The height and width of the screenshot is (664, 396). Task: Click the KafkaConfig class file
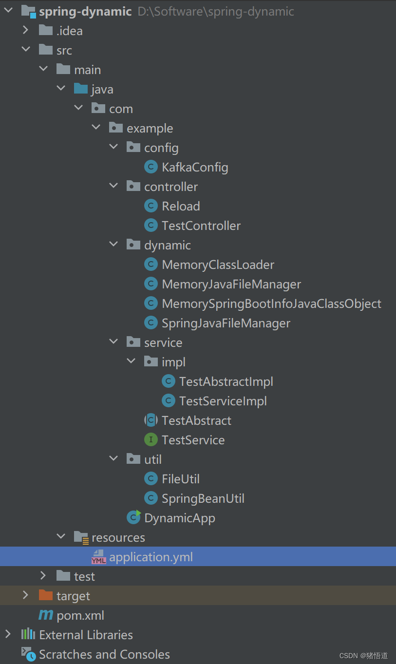pyautogui.click(x=195, y=167)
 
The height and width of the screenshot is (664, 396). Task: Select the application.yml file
pyautogui.click(x=151, y=557)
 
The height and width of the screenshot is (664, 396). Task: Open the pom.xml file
pyautogui.click(x=80, y=615)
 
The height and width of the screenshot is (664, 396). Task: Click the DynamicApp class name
pyautogui.click(x=180, y=518)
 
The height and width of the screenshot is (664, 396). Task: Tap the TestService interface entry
pyautogui.click(x=193, y=440)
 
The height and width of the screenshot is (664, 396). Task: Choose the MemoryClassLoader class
pyautogui.click(x=218, y=265)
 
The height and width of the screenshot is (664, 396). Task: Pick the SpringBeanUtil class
pyautogui.click(x=203, y=498)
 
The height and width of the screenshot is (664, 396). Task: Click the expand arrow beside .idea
pyautogui.click(x=25, y=31)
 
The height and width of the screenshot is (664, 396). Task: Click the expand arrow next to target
pyautogui.click(x=25, y=596)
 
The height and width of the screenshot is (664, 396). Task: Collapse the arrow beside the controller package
pyautogui.click(x=113, y=187)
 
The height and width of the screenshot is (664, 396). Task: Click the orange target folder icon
pyautogui.click(x=45, y=595)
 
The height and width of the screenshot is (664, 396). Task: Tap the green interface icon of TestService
pyautogui.click(x=151, y=440)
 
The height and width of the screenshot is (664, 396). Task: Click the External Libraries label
pyautogui.click(x=86, y=635)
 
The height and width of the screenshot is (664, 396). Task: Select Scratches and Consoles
pyautogui.click(x=104, y=654)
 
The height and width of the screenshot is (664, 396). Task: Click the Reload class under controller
pyautogui.click(x=181, y=206)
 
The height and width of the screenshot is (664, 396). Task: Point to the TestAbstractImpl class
pyautogui.click(x=226, y=381)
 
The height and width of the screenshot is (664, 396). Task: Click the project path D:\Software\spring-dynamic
pyautogui.click(x=216, y=11)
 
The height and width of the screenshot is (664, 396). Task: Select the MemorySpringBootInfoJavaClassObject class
pyautogui.click(x=271, y=304)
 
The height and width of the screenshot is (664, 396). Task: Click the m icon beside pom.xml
pyautogui.click(x=46, y=615)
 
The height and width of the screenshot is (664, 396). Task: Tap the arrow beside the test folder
pyautogui.click(x=43, y=576)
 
